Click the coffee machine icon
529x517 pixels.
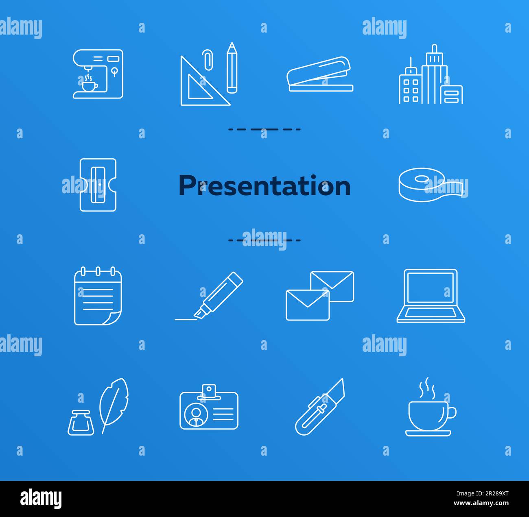98,74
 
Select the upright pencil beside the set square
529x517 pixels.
232,68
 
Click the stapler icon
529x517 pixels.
320,74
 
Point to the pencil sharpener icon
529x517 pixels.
98,185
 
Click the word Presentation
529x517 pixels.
264,186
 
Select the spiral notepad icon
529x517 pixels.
98,296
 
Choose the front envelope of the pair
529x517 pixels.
307,305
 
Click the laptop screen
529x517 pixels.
431,288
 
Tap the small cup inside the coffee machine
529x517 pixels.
90,86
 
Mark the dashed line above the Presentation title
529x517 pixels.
264,129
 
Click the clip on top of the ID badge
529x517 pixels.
209,389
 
